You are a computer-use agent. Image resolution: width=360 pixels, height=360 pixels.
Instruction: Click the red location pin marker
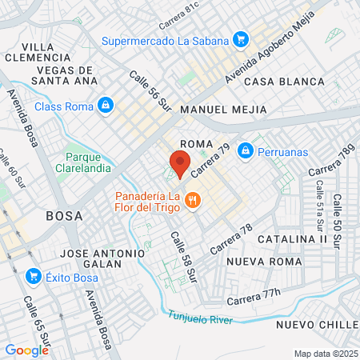click(180, 165)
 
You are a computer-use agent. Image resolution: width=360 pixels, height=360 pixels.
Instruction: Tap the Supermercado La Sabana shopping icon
click(240, 38)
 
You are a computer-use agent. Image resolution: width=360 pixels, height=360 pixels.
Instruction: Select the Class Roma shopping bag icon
click(106, 106)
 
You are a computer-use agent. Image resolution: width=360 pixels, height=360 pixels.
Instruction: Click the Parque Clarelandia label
click(88, 162)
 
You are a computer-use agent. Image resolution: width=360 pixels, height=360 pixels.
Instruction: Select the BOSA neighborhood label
click(65, 215)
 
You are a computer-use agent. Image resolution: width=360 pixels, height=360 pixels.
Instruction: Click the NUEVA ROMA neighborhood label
click(264, 262)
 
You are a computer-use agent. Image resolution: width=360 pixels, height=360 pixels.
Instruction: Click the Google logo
click(26, 350)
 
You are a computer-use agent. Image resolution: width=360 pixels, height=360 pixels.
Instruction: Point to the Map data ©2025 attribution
click(324, 354)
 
